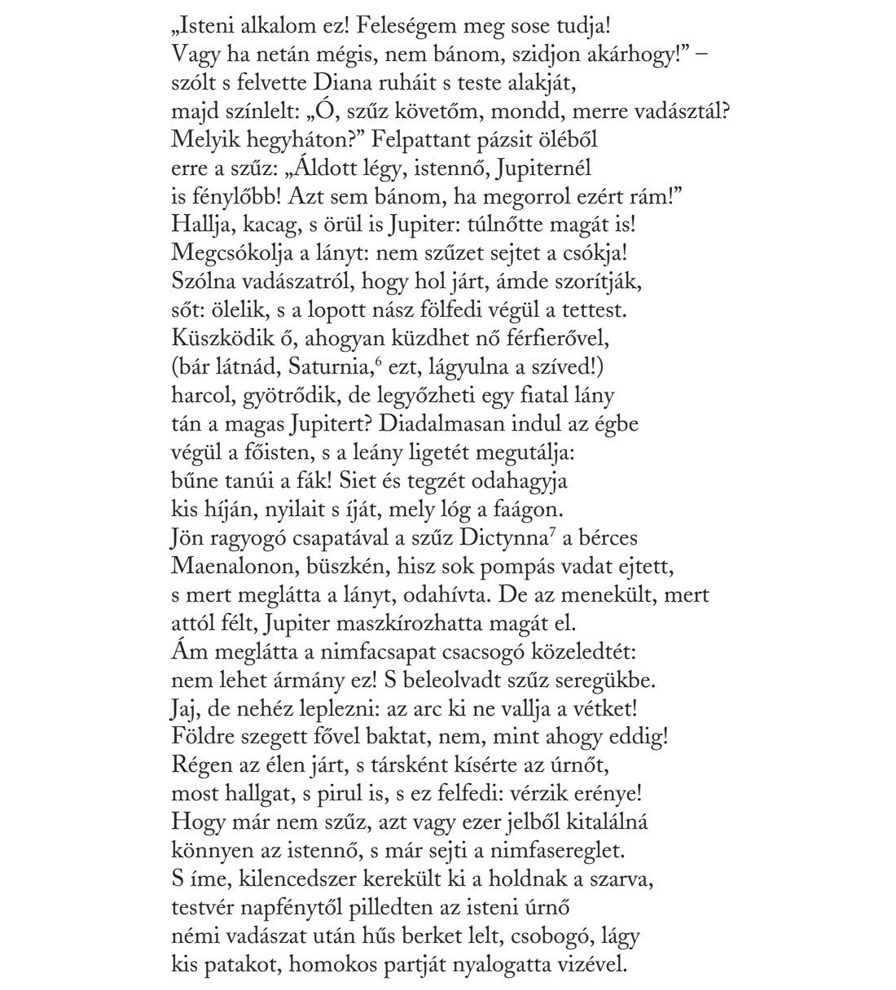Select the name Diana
click(334, 83)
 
